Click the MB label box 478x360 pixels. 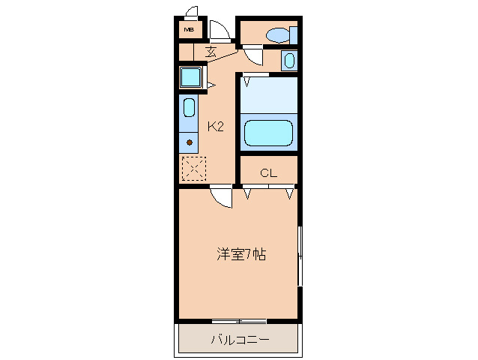tap(189, 30)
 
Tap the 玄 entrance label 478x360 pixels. tap(211, 52)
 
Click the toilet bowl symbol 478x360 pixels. tap(278, 34)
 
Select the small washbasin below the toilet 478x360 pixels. tap(289, 60)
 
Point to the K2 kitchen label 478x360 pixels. tap(216, 126)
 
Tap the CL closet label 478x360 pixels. tap(268, 173)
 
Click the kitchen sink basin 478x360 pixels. tap(189, 107)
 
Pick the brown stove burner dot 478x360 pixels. tap(190, 142)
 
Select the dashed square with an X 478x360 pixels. tap(193, 168)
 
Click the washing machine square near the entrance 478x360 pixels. tap(191, 78)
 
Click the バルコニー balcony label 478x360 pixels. tap(240, 339)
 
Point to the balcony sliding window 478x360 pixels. tap(239, 321)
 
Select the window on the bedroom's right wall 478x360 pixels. tap(300, 255)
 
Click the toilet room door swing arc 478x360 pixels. tap(252, 55)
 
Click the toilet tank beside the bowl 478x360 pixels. tap(294, 34)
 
